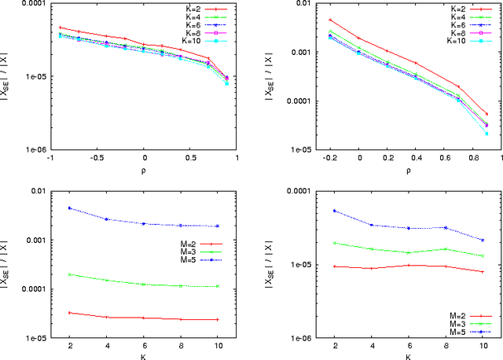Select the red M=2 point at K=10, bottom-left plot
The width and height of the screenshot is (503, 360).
[218, 319]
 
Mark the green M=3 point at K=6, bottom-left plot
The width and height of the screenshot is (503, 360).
[144, 284]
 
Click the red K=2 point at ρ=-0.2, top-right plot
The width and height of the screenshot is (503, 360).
[331, 20]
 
